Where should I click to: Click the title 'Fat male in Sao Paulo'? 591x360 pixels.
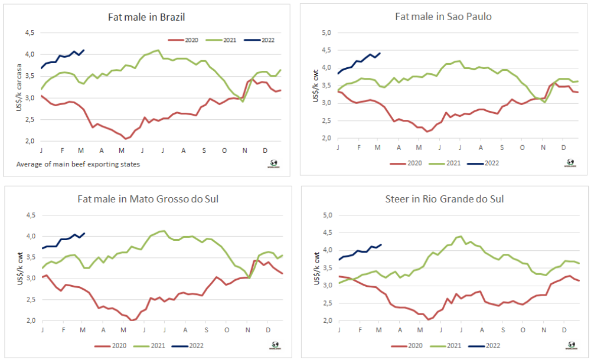443,17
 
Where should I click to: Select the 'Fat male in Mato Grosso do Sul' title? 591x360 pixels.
148,198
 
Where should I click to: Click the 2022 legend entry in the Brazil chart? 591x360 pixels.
260,40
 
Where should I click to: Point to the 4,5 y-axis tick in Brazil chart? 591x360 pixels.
29,33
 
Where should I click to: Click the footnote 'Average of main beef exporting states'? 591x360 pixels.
78,163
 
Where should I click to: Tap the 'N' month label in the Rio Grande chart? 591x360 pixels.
542,328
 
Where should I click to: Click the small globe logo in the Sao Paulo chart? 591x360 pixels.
570,163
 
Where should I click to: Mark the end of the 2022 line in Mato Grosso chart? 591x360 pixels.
84,234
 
